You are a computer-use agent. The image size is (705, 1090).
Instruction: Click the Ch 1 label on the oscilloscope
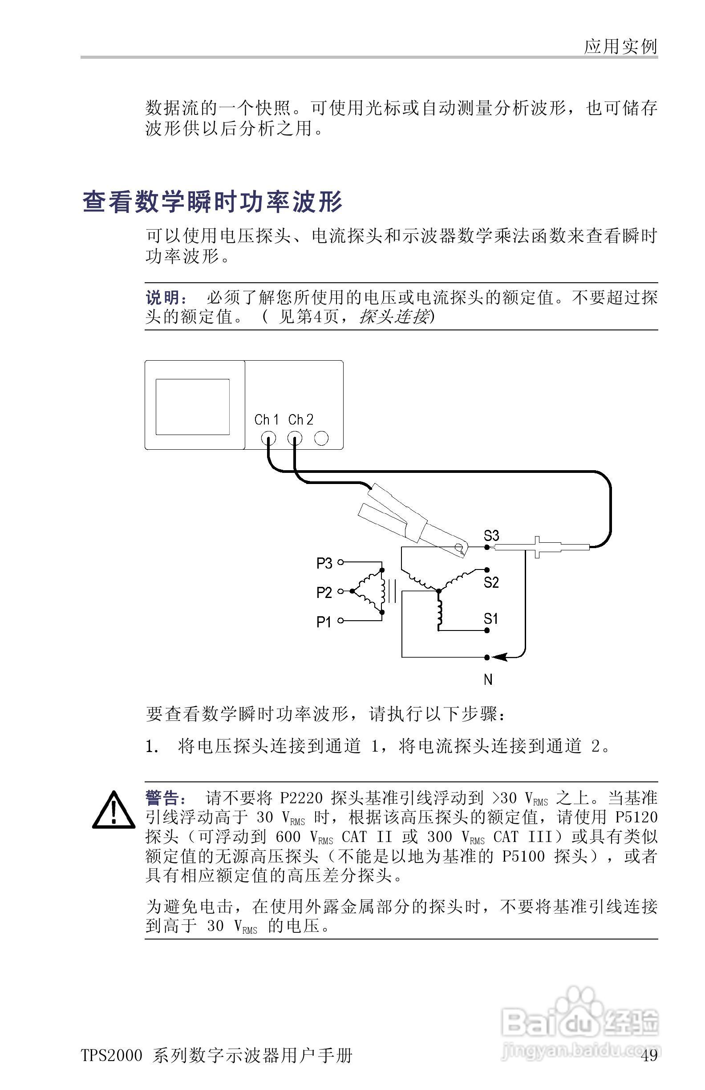tap(267, 419)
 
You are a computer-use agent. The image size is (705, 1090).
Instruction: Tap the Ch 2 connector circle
tap(295, 439)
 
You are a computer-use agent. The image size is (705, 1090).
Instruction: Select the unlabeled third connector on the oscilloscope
tap(321, 438)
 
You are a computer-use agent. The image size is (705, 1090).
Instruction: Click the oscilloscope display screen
tap(192, 407)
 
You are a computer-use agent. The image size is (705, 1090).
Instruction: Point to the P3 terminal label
tap(324, 563)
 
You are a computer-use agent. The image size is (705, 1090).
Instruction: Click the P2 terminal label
tap(324, 593)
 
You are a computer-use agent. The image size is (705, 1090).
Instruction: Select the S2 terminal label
tap(491, 582)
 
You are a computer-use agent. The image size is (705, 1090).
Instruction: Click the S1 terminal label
tap(491, 619)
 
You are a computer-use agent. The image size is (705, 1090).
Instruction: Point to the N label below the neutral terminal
tap(488, 679)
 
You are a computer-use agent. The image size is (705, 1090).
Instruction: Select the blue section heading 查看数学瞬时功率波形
tap(213, 202)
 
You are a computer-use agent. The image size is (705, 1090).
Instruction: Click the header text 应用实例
tap(620, 47)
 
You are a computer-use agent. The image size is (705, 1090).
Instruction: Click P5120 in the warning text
tap(636, 817)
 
